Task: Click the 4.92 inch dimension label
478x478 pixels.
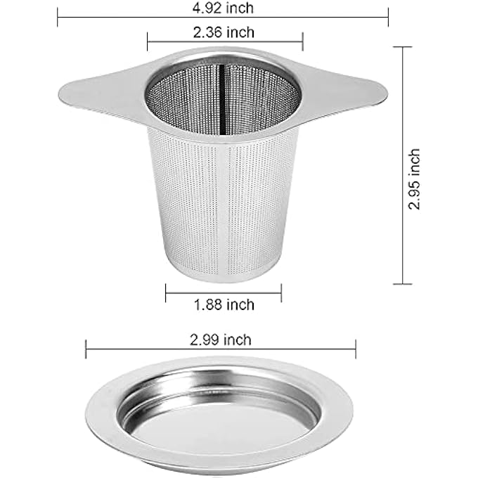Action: click(x=223, y=8)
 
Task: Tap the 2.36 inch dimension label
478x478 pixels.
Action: click(x=224, y=32)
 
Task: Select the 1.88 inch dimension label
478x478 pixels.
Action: click(x=224, y=304)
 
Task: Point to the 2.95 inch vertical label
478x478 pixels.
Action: click(x=414, y=179)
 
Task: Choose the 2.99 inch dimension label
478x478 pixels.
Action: click(x=221, y=340)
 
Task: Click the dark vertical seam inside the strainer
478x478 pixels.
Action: click(x=223, y=99)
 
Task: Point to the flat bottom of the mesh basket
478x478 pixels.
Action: click(x=224, y=276)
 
